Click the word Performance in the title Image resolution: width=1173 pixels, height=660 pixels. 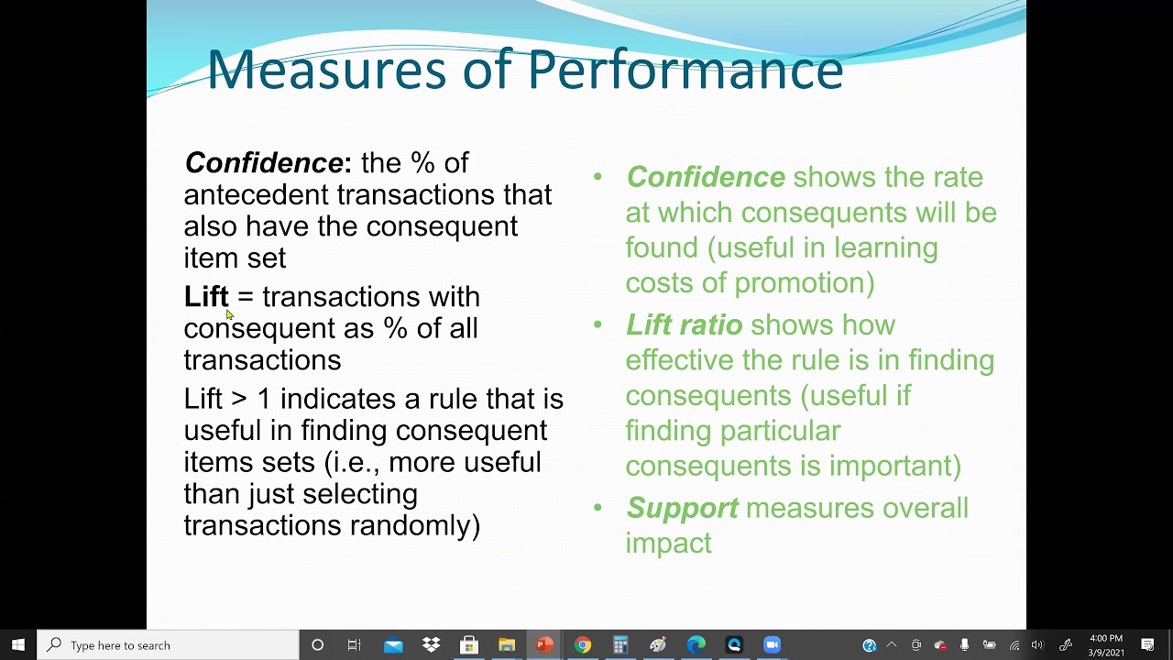click(685, 71)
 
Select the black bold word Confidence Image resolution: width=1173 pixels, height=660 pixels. click(264, 163)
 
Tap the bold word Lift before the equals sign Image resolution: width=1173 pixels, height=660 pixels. click(206, 297)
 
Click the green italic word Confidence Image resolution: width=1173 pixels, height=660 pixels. click(705, 177)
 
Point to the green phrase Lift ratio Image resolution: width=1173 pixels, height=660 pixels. click(684, 324)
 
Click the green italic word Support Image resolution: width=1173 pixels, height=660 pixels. click(682, 508)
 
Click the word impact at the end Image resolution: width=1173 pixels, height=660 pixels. click(668, 543)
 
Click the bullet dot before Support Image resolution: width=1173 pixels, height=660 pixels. click(597, 507)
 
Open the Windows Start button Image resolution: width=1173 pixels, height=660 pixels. click(17, 645)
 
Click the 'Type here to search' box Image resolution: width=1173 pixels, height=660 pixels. click(170, 645)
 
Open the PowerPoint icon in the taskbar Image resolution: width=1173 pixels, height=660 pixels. click(544, 645)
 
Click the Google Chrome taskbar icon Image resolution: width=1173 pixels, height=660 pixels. click(582, 645)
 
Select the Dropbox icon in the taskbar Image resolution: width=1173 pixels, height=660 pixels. click(431, 645)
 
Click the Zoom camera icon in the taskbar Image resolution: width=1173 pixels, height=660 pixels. click(772, 645)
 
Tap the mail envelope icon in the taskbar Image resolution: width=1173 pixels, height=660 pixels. click(393, 645)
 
